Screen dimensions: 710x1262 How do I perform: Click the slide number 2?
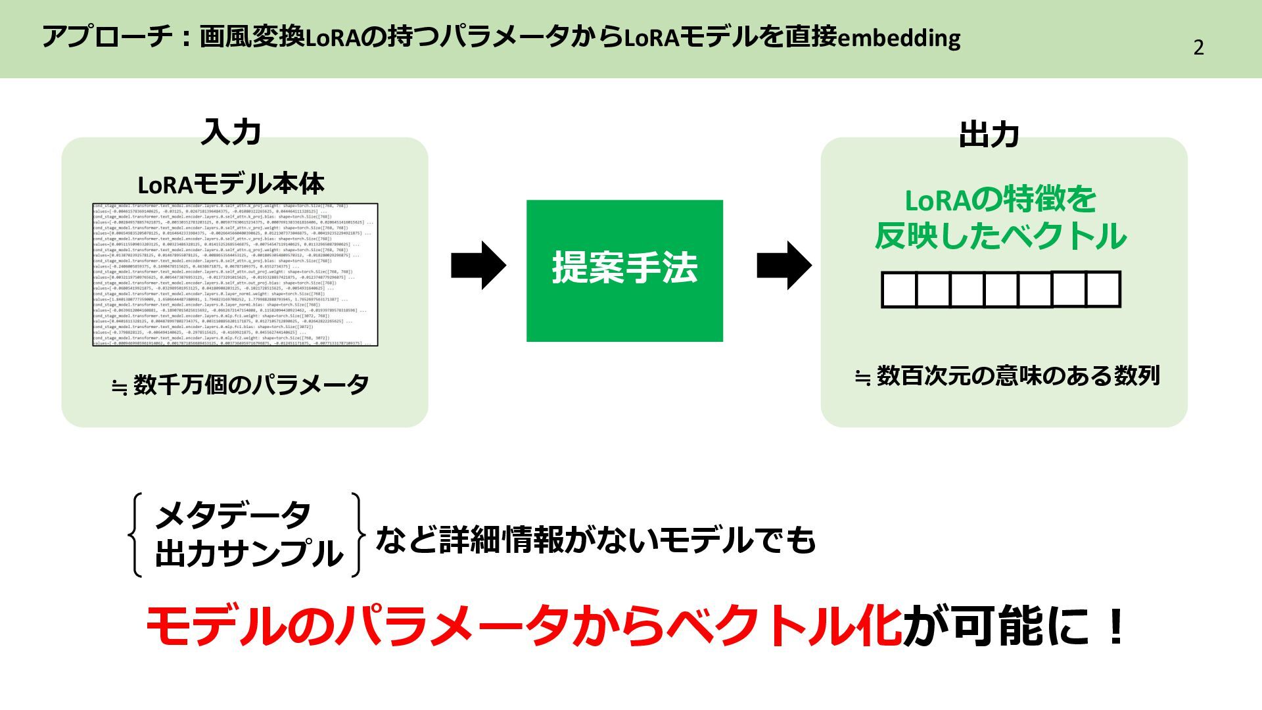coord(1198,48)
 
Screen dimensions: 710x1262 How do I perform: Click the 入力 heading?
coord(231,132)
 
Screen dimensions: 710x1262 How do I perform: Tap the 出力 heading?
coord(989,134)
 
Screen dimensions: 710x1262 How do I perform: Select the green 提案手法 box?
coord(624,270)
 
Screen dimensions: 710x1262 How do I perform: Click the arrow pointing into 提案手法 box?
coord(478,266)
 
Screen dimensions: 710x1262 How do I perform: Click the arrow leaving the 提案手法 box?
coord(783,266)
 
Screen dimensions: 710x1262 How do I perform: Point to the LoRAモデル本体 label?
coord(231,185)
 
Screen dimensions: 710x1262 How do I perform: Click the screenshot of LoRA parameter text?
coord(235,275)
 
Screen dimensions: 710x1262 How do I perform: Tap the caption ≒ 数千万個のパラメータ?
coord(240,385)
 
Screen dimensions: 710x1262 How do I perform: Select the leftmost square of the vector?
coord(899,290)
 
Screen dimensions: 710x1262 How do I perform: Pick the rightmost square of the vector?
coord(1103,289)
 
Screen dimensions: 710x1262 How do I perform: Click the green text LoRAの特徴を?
coord(1000,200)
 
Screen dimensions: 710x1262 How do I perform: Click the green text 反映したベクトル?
coord(1000,237)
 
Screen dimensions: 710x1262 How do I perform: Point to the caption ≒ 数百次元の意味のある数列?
coord(1007,376)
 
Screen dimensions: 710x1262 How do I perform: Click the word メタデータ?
coord(232,515)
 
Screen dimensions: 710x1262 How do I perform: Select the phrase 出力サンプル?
coord(249,554)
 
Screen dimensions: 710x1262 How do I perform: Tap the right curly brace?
coord(357,534)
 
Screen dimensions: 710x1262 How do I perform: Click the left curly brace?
coord(137,534)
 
